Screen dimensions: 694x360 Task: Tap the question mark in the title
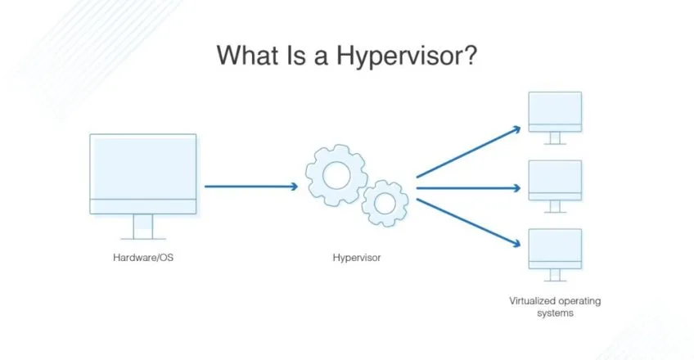tap(469, 55)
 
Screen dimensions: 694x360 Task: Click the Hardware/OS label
tap(143, 258)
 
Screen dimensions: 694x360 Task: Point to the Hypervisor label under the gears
tap(357, 258)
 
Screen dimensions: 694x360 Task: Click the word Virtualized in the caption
tap(531, 301)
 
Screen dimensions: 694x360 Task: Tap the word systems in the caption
tap(555, 313)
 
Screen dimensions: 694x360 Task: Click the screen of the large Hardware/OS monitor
tap(143, 167)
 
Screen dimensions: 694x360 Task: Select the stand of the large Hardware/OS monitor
tap(143, 227)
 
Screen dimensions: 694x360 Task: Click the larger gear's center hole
tap(336, 175)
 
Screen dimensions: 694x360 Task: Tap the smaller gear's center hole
tap(385, 204)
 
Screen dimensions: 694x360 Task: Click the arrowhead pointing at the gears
tap(294, 187)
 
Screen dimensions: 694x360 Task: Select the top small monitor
tap(555, 118)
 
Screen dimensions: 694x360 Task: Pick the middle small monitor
tap(555, 187)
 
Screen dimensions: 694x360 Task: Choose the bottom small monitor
tap(555, 254)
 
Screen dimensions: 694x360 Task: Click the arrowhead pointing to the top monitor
tap(516, 129)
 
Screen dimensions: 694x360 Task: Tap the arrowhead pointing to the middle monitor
tap(516, 188)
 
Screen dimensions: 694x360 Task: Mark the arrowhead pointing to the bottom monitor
tap(516, 243)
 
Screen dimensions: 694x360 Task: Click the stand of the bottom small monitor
tap(555, 275)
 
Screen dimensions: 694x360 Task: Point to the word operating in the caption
tap(579, 301)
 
